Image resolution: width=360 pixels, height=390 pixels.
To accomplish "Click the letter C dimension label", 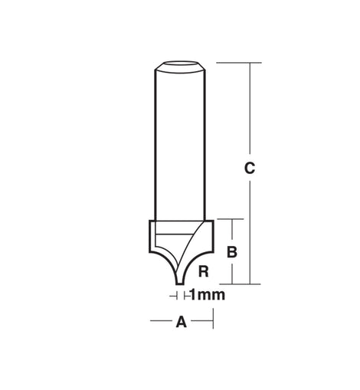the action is [x=250, y=168].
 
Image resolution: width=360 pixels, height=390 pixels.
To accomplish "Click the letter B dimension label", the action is [x=232, y=252].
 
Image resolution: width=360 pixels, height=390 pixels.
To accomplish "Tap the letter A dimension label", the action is [x=182, y=322].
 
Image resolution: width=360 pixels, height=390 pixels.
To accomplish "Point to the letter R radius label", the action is [x=204, y=271].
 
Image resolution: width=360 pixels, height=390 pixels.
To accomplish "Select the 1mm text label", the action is [x=208, y=295].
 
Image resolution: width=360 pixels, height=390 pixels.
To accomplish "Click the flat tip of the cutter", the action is [x=180, y=283].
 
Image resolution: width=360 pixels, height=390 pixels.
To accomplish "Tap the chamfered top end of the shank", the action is [x=180, y=67].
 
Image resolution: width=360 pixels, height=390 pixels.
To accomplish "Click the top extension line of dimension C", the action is [x=239, y=63].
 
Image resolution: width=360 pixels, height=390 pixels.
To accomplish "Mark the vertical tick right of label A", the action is [x=213, y=318].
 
